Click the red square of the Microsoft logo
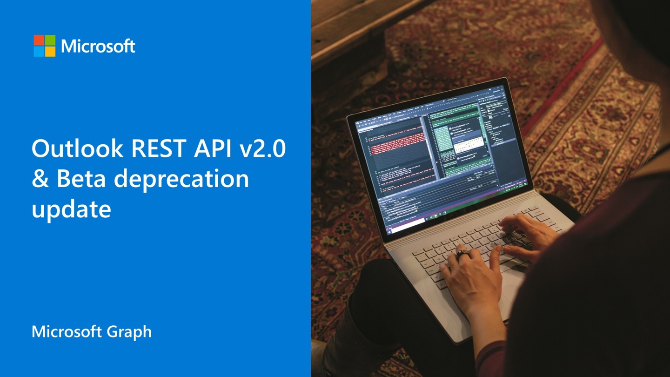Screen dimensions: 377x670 point(39,40)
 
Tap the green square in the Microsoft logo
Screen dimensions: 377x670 point(50,40)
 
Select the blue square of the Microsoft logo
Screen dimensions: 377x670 point(39,51)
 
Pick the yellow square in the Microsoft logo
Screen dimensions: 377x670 point(50,51)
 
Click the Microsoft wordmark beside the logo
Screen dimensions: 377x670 point(98,46)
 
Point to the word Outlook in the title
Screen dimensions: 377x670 point(77,149)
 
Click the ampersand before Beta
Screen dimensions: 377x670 point(40,179)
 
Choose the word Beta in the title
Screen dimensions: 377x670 point(82,179)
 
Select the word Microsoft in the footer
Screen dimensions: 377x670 point(67,332)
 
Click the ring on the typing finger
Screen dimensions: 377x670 point(462,254)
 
